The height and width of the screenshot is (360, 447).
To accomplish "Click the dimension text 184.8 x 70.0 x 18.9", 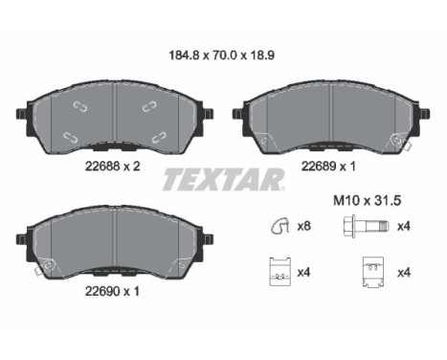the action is click(x=221, y=56).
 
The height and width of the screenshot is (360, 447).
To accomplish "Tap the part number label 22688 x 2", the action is click(x=112, y=166).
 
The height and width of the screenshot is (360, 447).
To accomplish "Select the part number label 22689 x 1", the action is click(x=328, y=166).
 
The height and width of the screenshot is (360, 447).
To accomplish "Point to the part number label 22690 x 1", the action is click(x=112, y=291).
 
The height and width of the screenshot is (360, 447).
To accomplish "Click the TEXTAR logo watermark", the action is click(x=223, y=180).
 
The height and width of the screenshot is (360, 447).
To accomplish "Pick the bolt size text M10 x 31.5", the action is click(x=367, y=201).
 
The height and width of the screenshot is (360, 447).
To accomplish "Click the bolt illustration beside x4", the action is click(x=367, y=226).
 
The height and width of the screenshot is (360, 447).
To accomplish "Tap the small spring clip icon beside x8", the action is click(x=279, y=226).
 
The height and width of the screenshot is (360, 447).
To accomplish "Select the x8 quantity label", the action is click(x=303, y=226).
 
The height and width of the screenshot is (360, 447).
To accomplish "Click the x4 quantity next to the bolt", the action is click(x=404, y=226).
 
